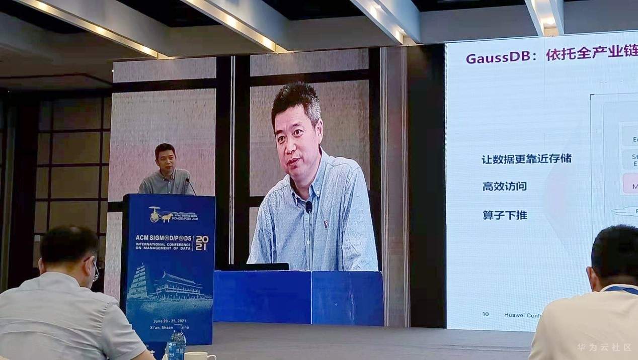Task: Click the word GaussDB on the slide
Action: pyautogui.click(x=498, y=57)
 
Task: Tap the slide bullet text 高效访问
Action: pyautogui.click(x=504, y=186)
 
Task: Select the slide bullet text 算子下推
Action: pyautogui.click(x=504, y=215)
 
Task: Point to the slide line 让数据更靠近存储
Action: pyautogui.click(x=526, y=159)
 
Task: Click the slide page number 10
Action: pyautogui.click(x=486, y=314)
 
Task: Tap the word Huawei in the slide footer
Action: pyautogui.click(x=514, y=315)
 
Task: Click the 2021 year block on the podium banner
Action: pyautogui.click(x=201, y=243)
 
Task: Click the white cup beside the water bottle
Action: pyautogui.click(x=200, y=355)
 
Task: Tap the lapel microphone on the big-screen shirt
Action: pyautogui.click(x=309, y=206)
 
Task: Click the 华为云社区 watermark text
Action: pyautogui.click(x=604, y=347)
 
